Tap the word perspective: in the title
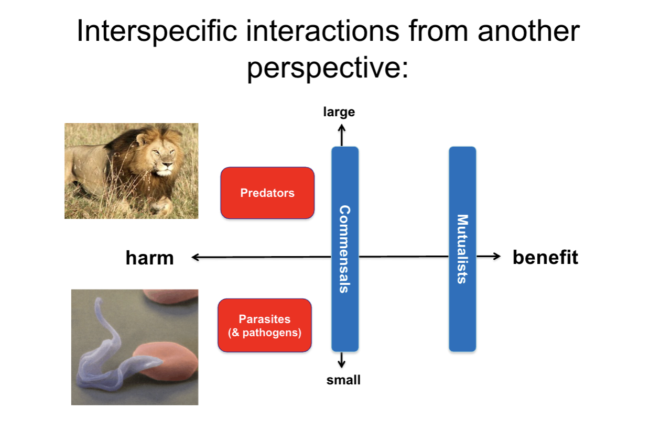pos(328,68)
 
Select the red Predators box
pos(267,193)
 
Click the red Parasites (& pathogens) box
pos(265,325)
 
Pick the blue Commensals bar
pos(345,249)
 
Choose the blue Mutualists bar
pos(462,249)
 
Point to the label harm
pos(150,258)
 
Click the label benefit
pos(545,257)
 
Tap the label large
pos(339,112)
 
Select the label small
pos(343,380)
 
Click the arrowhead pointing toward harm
pos(195,257)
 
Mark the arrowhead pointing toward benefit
pos(497,256)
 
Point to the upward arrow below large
pos(342,135)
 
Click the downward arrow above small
pos(342,360)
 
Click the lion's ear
pos(142,139)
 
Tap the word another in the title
pos(528,31)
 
